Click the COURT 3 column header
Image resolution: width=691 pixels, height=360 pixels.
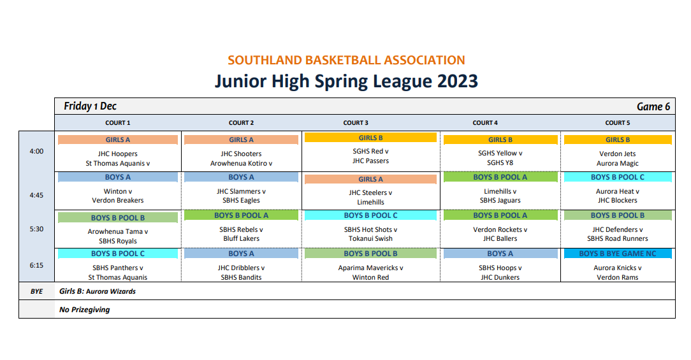[x=356, y=123]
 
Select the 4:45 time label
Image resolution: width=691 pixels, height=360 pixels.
[x=36, y=195]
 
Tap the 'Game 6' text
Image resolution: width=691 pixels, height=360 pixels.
[x=653, y=106]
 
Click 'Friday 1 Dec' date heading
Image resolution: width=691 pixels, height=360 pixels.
[x=90, y=106]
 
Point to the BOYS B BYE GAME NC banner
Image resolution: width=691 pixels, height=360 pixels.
[x=618, y=254]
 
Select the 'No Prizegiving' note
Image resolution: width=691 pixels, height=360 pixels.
[x=85, y=310]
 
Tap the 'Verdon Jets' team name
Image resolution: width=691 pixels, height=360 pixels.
[x=618, y=154]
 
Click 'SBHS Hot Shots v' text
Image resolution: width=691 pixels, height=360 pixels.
[x=370, y=229]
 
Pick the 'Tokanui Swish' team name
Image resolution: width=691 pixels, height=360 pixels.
[x=370, y=238]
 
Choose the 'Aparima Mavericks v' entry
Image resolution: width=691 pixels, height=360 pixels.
[x=370, y=268]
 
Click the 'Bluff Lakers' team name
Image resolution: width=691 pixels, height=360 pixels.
[x=241, y=238]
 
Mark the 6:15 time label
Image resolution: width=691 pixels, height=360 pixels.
[x=36, y=265]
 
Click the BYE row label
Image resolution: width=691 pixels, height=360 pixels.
[x=36, y=291]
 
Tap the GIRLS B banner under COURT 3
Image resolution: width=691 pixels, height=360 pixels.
[x=370, y=138]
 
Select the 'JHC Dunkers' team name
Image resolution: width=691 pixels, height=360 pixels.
[x=500, y=277]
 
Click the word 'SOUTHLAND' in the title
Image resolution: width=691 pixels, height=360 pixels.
[x=265, y=60]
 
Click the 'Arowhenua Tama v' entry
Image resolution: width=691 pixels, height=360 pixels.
[x=118, y=231]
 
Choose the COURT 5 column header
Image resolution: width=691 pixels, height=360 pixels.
[x=618, y=123]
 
